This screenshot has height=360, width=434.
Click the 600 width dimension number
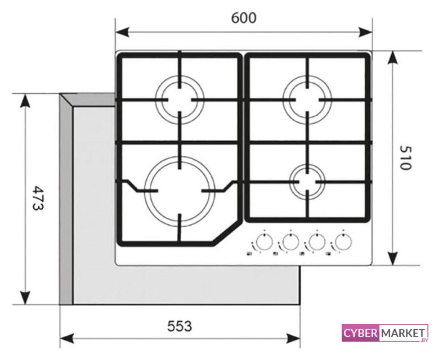pos(244,18)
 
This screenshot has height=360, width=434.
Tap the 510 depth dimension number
pos(406,158)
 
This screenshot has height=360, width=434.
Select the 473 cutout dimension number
pos(38,198)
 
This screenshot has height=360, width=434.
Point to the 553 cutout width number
pos(180,326)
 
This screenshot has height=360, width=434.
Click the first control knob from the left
pos(265,242)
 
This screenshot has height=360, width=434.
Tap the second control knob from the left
pos(290,242)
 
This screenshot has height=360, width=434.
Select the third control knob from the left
pos(317,242)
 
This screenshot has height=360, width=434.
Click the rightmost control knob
pos(343,242)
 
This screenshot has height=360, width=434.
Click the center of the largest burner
pos(180,191)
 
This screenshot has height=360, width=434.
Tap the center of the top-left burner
pos(180,100)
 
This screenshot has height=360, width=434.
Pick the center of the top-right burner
pos(307,100)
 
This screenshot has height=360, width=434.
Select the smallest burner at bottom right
pos(307,182)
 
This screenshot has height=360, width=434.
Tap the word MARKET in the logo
pos(403,333)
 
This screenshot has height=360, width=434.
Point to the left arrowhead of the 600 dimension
pos(122,32)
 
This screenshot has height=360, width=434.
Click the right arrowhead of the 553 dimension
pos(293,338)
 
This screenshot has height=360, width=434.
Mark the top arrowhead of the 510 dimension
pos(393,58)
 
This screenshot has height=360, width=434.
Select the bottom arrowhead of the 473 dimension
pos(25,298)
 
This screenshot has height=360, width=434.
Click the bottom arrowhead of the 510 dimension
pos(393,259)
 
